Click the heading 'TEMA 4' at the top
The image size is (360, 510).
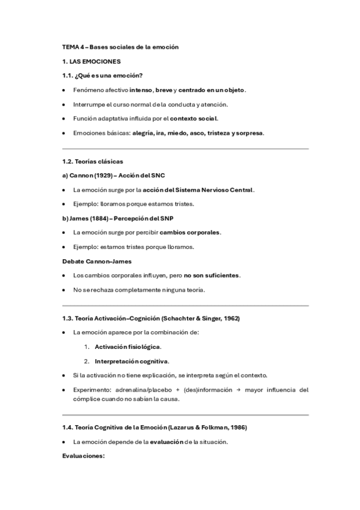click(x=73, y=46)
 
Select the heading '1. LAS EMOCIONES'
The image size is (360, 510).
click(x=91, y=61)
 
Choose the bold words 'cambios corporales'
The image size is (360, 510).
click(x=192, y=232)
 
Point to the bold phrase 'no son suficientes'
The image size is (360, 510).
click(x=212, y=275)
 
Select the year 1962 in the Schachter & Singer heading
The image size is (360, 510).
click(x=233, y=318)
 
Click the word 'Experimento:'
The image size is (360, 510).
click(x=91, y=390)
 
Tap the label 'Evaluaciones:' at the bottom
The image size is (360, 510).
click(x=84, y=455)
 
